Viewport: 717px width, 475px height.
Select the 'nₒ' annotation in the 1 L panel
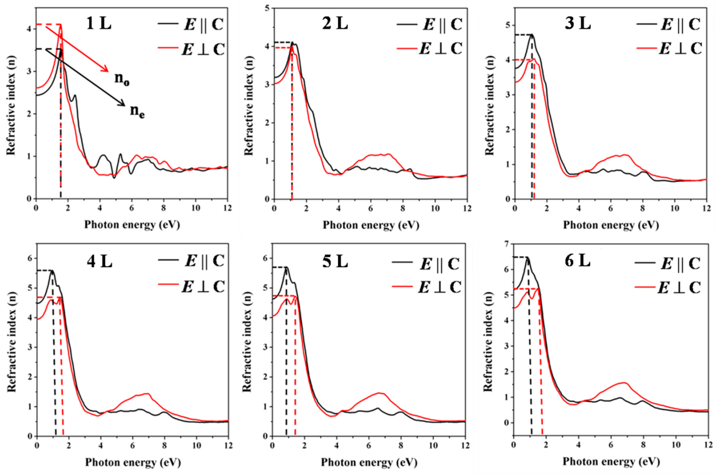coord(122,79)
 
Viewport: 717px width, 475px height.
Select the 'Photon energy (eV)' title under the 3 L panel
coord(611,225)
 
